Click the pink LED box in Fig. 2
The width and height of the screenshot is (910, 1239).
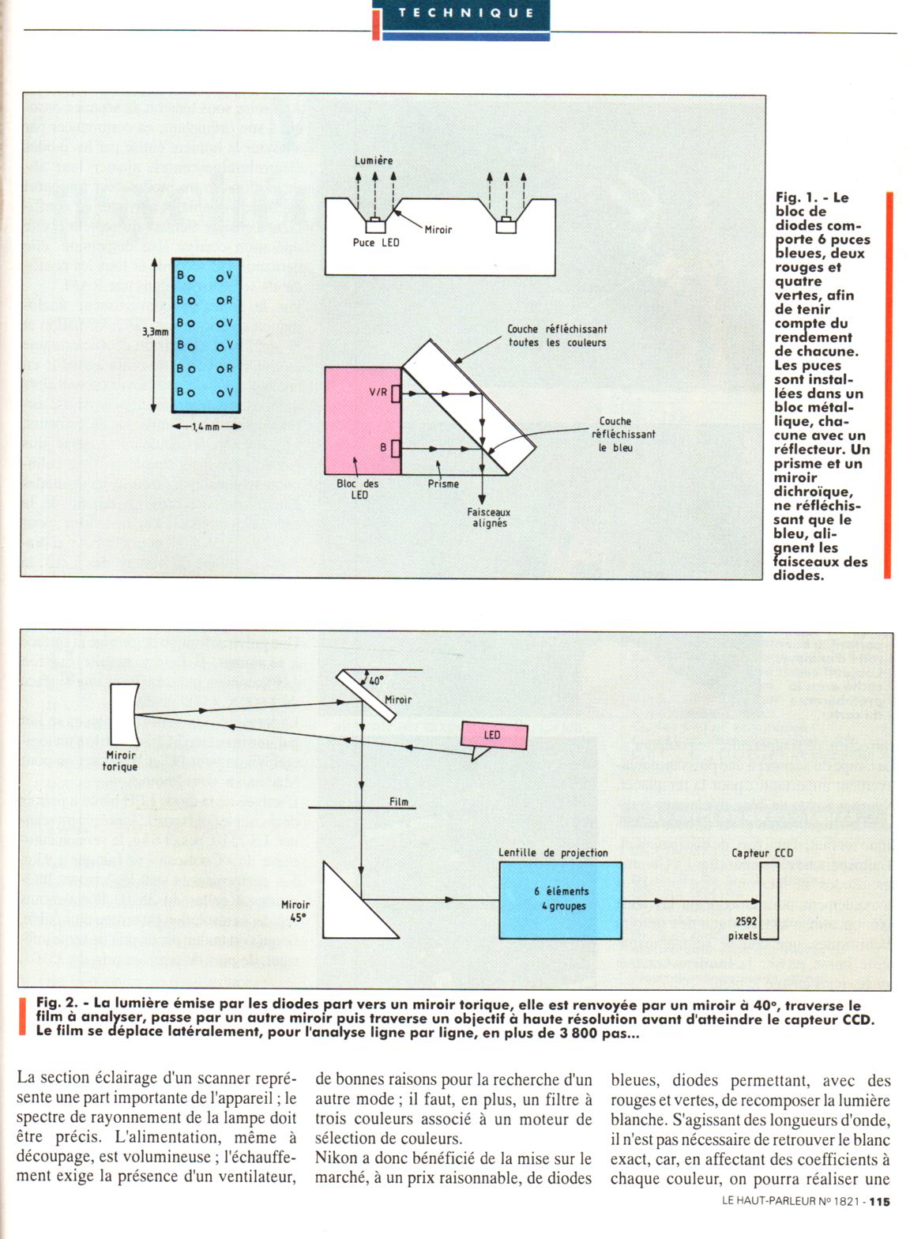(x=492, y=736)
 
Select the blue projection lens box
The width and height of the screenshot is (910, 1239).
(x=560, y=899)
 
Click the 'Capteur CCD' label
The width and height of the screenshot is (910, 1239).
(x=761, y=853)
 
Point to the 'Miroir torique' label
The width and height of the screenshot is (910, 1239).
(x=121, y=761)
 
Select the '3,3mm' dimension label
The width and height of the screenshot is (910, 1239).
(x=155, y=333)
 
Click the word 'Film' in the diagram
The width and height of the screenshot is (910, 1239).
(x=399, y=802)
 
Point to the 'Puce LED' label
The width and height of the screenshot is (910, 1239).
(x=375, y=243)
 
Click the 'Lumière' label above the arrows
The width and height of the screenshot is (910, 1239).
(x=373, y=160)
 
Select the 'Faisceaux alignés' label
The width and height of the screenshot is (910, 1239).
(x=489, y=518)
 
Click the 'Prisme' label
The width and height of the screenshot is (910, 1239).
(x=442, y=484)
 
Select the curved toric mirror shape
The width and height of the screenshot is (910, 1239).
(x=123, y=714)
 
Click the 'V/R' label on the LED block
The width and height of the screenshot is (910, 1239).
(x=378, y=393)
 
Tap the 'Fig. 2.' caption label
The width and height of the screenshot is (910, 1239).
(x=58, y=1004)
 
